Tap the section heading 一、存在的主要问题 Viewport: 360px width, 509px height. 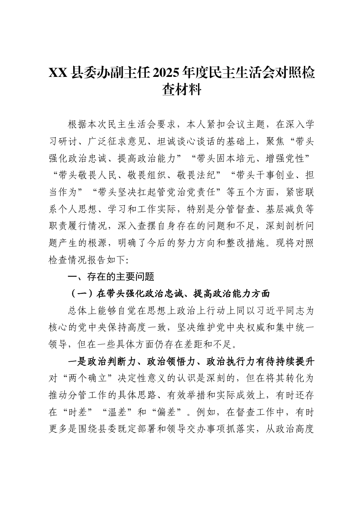click(111, 277)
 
